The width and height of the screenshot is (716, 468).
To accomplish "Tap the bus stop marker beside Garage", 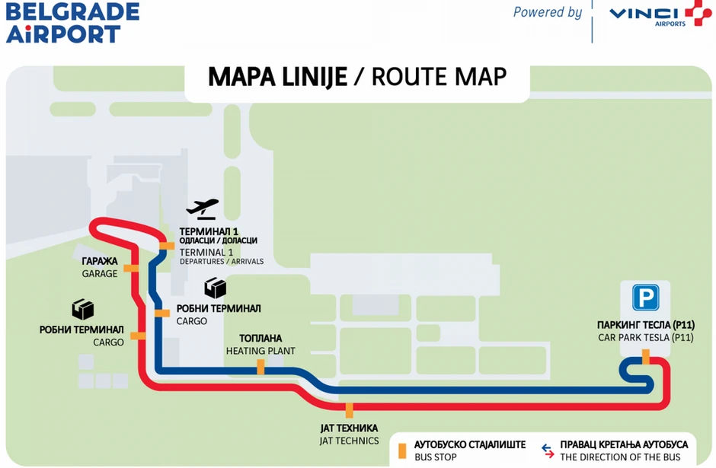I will [x=132, y=268].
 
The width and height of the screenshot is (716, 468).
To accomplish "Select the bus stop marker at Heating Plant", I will [x=261, y=367].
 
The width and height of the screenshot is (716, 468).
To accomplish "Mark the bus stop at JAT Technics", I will [x=350, y=410].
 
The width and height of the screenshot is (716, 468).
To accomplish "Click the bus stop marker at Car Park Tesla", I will [x=645, y=356].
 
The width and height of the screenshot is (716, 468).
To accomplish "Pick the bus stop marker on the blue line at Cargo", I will [x=161, y=313].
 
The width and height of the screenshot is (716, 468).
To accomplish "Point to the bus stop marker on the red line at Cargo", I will [x=138, y=336].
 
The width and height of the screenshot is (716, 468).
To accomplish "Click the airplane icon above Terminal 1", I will [x=203, y=207].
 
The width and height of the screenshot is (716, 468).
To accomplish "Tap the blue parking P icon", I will [x=645, y=297].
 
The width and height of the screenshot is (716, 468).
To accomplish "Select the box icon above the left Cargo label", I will [x=82, y=309].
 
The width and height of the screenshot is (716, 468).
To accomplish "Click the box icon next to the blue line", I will [x=216, y=288].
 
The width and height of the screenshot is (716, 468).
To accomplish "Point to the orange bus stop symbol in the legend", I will [x=401, y=449].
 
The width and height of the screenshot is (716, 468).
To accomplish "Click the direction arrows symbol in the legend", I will [x=546, y=450].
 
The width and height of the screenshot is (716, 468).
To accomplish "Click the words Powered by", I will [x=547, y=12].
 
